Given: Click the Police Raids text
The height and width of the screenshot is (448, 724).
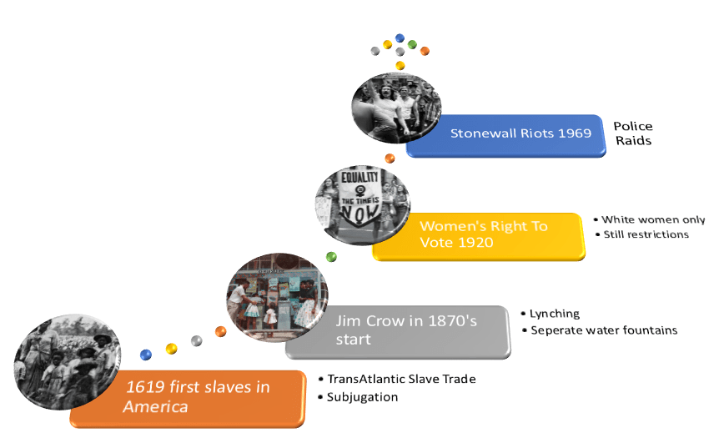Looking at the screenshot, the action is pyautogui.click(x=633, y=133).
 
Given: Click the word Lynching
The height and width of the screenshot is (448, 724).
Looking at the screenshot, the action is pyautogui.click(x=554, y=314).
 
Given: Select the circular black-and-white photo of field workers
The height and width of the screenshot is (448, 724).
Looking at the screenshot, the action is pyautogui.click(x=68, y=361).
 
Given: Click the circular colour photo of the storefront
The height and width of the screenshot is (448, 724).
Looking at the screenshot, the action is pyautogui.click(x=277, y=298).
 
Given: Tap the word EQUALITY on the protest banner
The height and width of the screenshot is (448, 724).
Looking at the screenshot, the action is pyautogui.click(x=359, y=177).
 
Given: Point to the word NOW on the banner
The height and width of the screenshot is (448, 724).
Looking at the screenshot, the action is pyautogui.click(x=359, y=213).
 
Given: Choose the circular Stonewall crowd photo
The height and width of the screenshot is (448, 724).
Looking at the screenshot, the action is pyautogui.click(x=396, y=108).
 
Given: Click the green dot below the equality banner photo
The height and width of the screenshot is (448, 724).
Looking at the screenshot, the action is pyautogui.click(x=331, y=257).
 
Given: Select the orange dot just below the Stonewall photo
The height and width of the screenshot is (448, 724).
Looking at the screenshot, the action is pyautogui.click(x=390, y=159).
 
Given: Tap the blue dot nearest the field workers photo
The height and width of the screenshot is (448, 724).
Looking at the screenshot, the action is pyautogui.click(x=146, y=355).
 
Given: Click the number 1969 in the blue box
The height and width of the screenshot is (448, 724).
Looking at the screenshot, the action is pyautogui.click(x=575, y=133).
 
